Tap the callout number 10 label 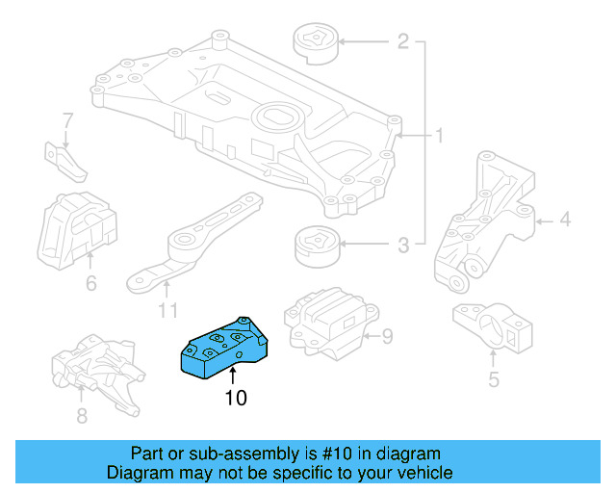(x=236, y=398)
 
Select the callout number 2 (x=403, y=41)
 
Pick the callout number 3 (x=403, y=245)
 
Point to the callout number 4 (x=565, y=221)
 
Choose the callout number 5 (x=494, y=379)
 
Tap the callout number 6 (x=90, y=284)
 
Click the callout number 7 (x=67, y=121)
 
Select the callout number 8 (x=82, y=416)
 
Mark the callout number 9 (x=388, y=336)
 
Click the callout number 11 (x=168, y=311)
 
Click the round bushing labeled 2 (x=315, y=43)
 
